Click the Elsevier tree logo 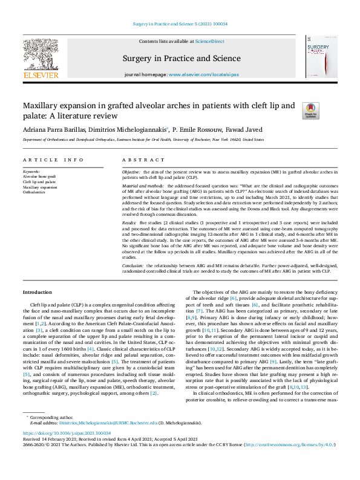pos(41,57)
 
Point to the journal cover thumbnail pos(320,57)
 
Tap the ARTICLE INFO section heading pos(53,160)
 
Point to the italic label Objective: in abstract pos(131,172)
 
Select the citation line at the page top pos(180,24)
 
